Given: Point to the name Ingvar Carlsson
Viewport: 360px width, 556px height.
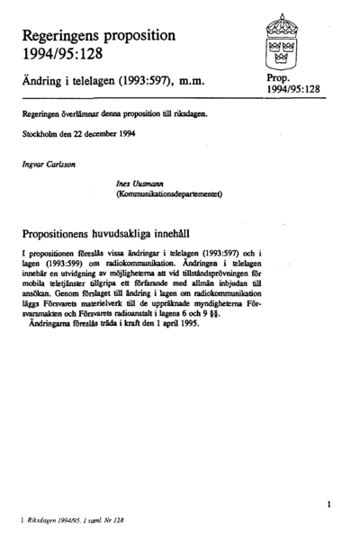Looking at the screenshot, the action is coord(45,164).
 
